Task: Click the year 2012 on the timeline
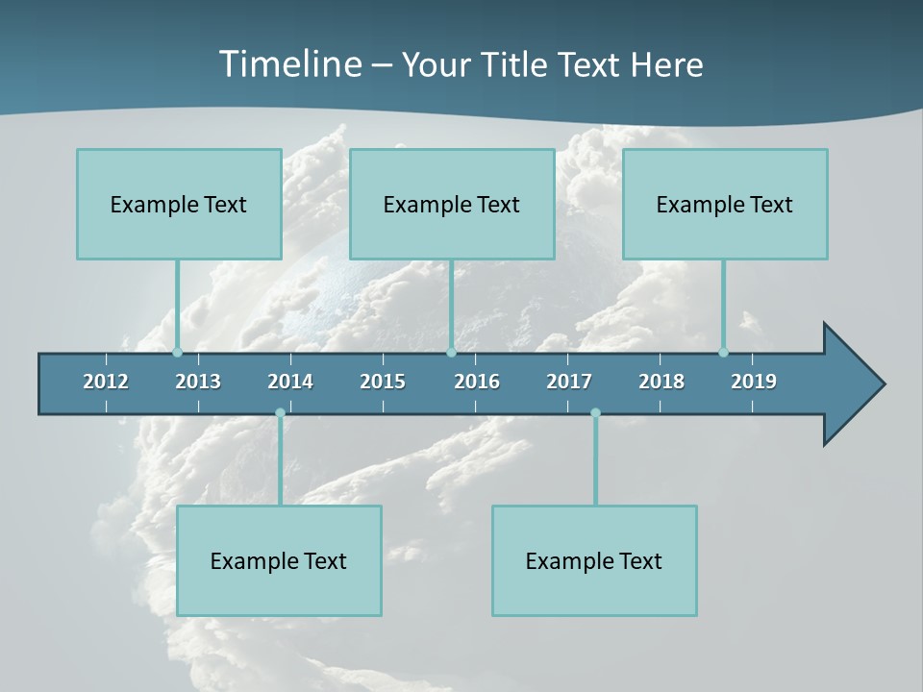(x=106, y=382)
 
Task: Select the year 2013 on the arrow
(x=198, y=382)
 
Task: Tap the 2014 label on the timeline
(x=290, y=382)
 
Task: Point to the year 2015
(x=383, y=382)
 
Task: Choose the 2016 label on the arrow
(x=477, y=382)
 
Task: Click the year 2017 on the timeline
(x=569, y=382)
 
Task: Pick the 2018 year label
(x=661, y=382)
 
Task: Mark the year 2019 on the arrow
(x=754, y=382)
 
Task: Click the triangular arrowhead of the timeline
(x=852, y=383)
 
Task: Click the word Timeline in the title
(x=289, y=64)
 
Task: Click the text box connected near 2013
(x=179, y=204)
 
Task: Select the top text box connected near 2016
(x=452, y=204)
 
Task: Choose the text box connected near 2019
(x=725, y=204)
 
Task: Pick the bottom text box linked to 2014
(x=279, y=560)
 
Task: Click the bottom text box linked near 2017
(x=594, y=560)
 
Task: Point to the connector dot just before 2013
(x=177, y=353)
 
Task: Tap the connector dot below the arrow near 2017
(x=595, y=413)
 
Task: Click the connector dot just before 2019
(x=724, y=353)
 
